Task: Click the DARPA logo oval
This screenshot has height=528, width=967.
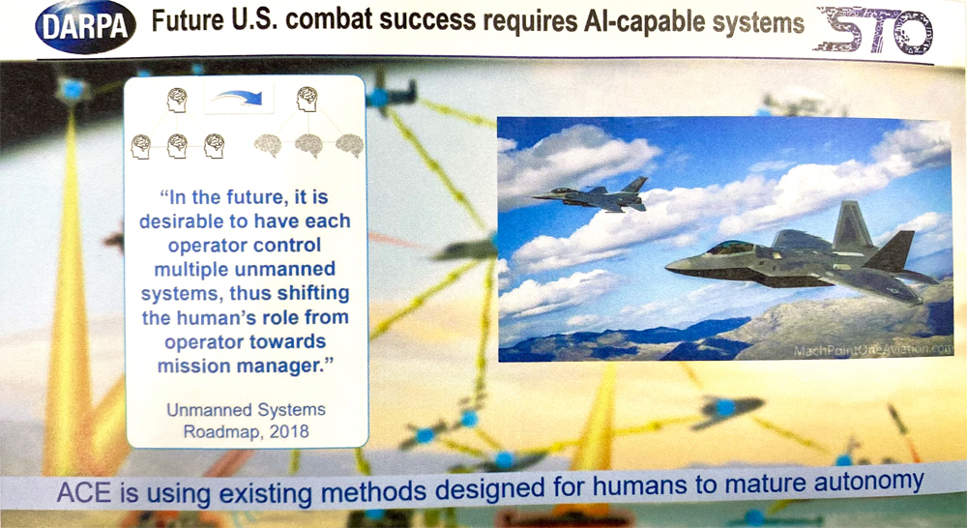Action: click(86, 26)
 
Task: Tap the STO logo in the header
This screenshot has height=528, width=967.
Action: click(873, 30)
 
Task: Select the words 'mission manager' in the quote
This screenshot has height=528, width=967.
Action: click(241, 366)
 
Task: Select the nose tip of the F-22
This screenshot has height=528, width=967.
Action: click(666, 267)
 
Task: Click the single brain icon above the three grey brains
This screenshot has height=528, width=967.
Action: click(307, 99)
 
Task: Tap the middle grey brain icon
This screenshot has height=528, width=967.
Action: click(308, 145)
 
